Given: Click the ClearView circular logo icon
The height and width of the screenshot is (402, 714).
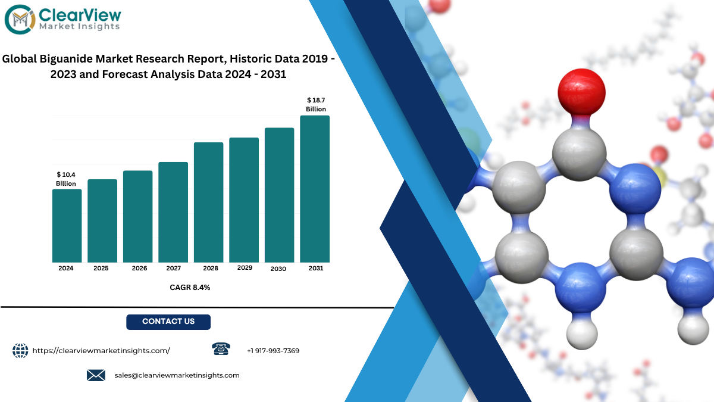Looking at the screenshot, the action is (20, 20).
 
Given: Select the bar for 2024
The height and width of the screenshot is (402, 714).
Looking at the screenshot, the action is (67, 226).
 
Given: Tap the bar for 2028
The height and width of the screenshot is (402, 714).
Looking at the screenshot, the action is (208, 202).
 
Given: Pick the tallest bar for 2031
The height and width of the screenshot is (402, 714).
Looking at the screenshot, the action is (315, 189).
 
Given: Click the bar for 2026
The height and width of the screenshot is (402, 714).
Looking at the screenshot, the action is (137, 216).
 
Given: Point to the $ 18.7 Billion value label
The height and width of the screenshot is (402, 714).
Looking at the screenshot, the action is (316, 105).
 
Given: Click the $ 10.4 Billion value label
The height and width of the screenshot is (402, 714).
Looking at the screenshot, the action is (66, 179).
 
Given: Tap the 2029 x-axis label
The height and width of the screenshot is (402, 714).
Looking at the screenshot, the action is (245, 267).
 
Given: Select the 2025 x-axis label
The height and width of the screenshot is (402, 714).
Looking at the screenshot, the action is (101, 269).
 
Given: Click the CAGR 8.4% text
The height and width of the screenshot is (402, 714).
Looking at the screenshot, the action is (190, 288).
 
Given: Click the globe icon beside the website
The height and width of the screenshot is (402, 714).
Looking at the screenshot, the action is (20, 351).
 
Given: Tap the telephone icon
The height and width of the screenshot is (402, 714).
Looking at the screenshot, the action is (221, 349).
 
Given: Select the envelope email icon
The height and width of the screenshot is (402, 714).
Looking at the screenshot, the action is (96, 375).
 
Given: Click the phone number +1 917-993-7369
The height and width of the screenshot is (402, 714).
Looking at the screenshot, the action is (273, 351).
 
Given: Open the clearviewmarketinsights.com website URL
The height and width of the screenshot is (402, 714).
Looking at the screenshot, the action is (101, 351).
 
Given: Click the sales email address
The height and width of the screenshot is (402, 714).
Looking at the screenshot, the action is (177, 375).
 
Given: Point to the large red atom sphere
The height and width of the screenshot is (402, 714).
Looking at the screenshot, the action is (582, 92).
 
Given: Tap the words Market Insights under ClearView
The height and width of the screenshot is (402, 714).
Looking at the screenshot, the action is (79, 26).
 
